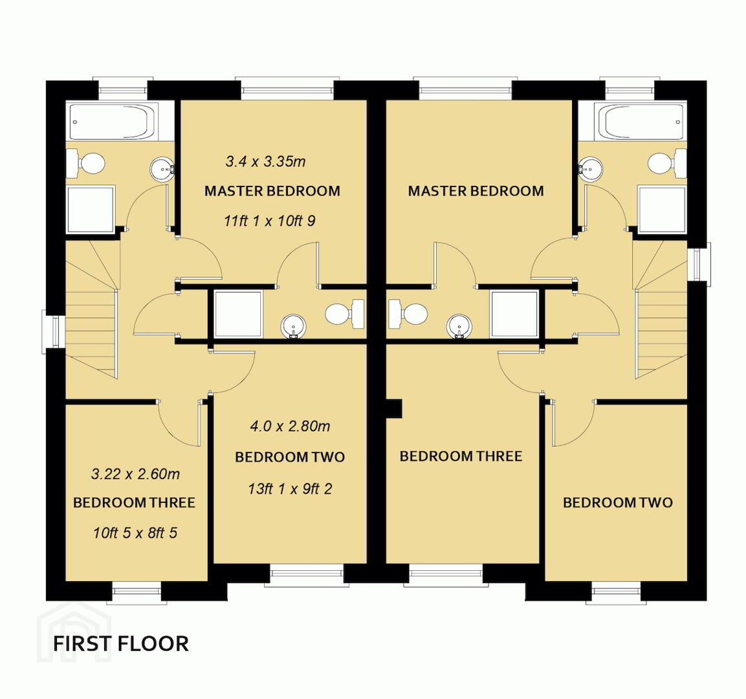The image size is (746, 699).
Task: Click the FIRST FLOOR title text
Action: [x=121, y=643]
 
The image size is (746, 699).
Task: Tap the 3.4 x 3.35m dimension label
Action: [x=265, y=161]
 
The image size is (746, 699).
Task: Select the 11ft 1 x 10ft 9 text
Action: [x=269, y=221]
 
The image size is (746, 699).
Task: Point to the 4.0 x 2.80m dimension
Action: [x=290, y=426]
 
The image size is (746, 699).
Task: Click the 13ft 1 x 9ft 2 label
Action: [x=290, y=489]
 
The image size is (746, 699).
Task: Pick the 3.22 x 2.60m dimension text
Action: [x=136, y=474]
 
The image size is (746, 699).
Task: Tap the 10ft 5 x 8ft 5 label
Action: [x=135, y=533]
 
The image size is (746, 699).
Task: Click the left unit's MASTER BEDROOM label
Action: [x=272, y=191]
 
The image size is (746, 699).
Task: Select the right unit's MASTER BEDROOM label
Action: [x=476, y=191]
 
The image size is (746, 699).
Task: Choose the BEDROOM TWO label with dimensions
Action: [x=290, y=457]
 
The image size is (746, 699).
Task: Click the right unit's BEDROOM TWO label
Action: [x=617, y=502]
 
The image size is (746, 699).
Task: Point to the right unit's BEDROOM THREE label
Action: [x=461, y=456]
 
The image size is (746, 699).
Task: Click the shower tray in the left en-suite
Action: [x=238, y=314]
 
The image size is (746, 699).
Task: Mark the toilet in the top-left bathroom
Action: [x=85, y=162]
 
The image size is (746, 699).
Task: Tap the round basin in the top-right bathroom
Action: [x=591, y=168]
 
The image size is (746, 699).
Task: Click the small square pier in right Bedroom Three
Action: [x=395, y=409]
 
